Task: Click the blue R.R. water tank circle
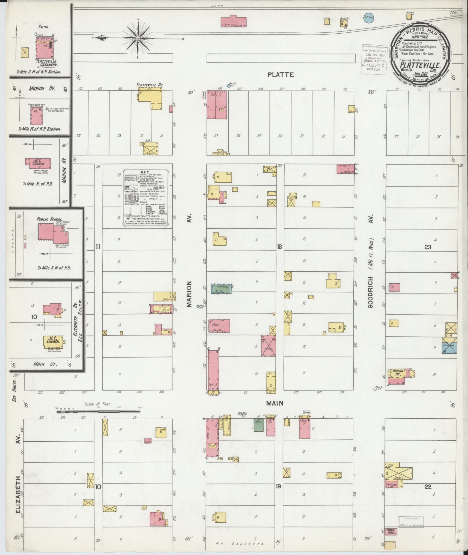pos(369,18)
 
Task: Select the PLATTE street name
pos(280,75)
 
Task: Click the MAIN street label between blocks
pos(275,403)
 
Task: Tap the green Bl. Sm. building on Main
pos(258,425)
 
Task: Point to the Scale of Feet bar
pos(98,412)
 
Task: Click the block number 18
pos(279,247)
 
